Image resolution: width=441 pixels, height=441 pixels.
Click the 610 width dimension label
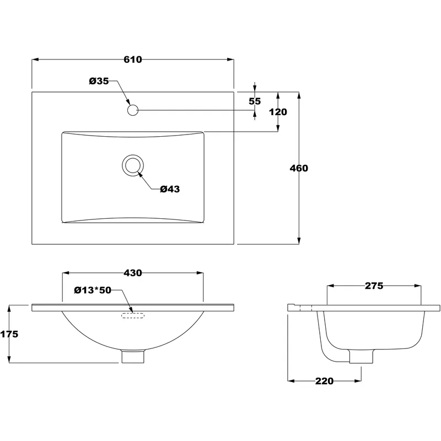coord(133,60)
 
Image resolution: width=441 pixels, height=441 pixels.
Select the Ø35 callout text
coord(99,81)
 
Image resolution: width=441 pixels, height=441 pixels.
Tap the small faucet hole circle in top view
coord(132,110)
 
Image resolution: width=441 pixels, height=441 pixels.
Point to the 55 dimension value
coord(255,101)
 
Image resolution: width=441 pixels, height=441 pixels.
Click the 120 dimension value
coord(278,112)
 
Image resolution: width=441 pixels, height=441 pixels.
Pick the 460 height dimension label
coord(299,168)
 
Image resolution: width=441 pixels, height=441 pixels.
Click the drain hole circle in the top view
coord(132,165)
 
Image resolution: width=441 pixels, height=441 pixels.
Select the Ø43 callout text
coord(170,189)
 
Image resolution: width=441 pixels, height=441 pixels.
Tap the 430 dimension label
coord(133,272)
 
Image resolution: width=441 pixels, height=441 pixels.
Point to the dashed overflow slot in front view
coord(132,315)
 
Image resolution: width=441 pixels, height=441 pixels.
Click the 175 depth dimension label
coord(9,334)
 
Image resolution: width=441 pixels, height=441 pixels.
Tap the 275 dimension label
coord(374,286)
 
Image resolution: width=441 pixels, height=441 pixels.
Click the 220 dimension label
coord(325,381)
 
